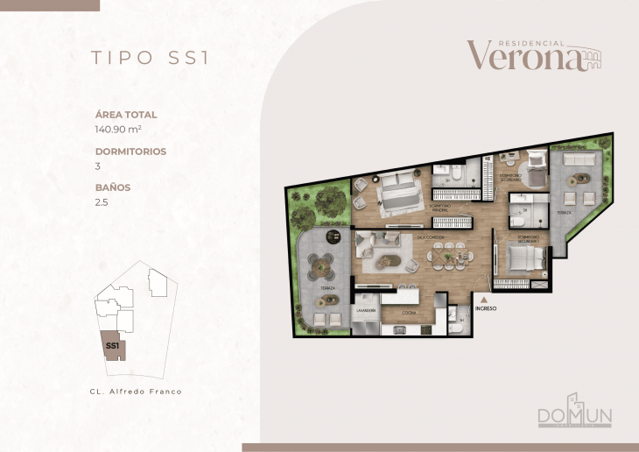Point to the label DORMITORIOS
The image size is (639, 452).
point(130,151)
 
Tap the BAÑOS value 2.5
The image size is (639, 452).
point(101,201)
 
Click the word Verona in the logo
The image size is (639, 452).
point(523,56)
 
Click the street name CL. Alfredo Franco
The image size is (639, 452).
point(136,392)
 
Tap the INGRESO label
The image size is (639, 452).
point(485,308)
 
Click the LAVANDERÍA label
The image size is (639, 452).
point(365,311)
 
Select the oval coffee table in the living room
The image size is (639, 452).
point(386,260)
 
